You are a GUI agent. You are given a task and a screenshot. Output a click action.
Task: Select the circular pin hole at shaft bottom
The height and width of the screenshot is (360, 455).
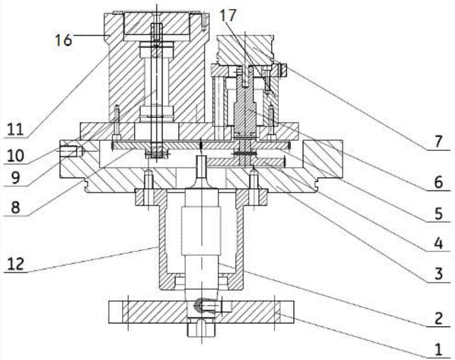click(x=199, y=305)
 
